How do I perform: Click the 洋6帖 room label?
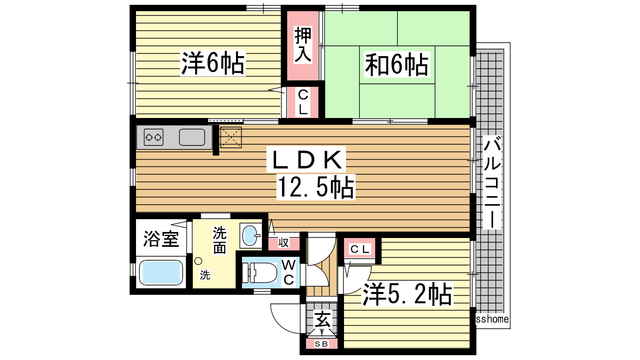[x=213, y=63]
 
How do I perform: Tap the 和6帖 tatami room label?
[x=397, y=64]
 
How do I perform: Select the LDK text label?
[x=306, y=160]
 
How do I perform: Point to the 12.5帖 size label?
[x=316, y=187]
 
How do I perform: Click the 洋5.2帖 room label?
[x=408, y=294]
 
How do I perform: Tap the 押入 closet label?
[x=303, y=44]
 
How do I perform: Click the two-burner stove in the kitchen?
[x=154, y=138]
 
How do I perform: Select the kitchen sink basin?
[x=192, y=138]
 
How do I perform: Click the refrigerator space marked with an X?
[x=231, y=138]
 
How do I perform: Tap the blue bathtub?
[x=161, y=272]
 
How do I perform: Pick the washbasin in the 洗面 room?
[x=250, y=235]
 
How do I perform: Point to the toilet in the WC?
[x=260, y=272]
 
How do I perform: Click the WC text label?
[x=289, y=273]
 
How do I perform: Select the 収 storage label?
[x=284, y=243]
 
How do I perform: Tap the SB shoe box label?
[x=322, y=344]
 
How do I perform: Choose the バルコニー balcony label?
[x=492, y=182]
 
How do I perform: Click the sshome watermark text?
[x=492, y=319]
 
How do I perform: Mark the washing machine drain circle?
[x=198, y=261]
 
